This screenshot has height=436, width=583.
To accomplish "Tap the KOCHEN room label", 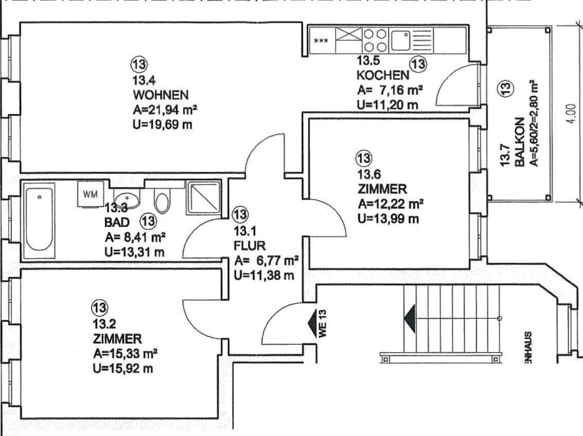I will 383,76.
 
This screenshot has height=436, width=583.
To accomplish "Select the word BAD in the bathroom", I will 117,222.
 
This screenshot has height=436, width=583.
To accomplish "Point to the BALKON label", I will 520,142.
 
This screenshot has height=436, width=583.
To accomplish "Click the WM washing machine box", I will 90,194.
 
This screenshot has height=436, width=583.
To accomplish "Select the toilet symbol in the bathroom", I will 162,202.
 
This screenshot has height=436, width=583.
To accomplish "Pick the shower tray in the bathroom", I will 202,198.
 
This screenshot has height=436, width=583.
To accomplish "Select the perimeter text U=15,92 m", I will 122,368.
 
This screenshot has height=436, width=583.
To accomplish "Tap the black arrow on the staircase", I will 410,319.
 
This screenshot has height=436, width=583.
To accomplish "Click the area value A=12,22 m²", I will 391,204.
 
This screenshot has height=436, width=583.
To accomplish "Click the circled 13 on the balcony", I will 505,89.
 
